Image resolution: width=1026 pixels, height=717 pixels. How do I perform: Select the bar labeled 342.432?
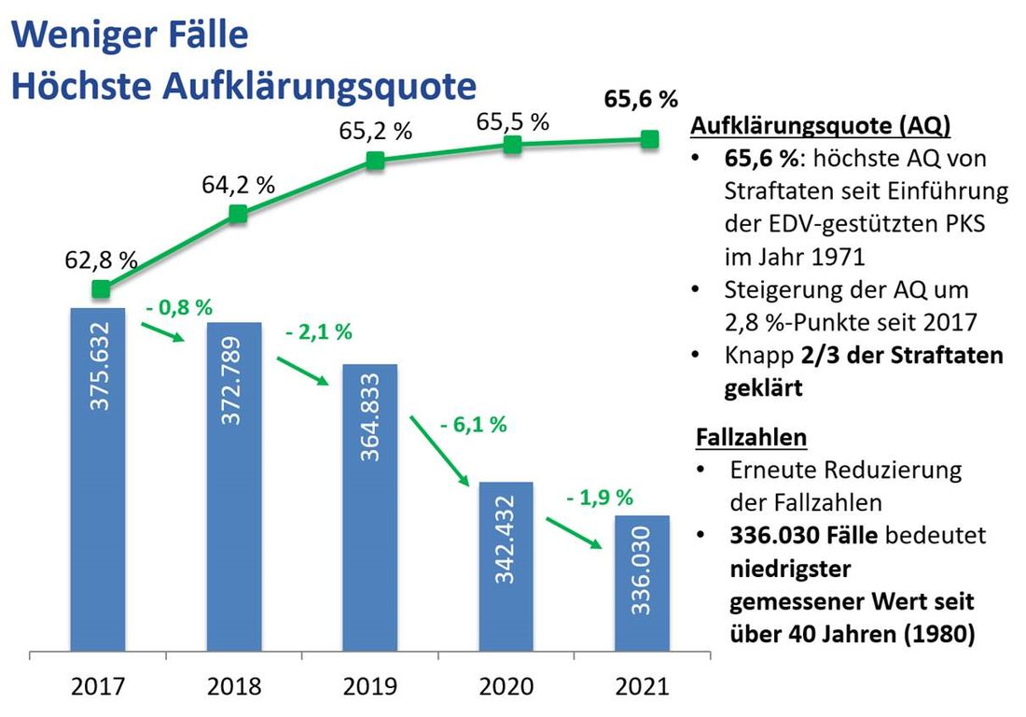[506, 566]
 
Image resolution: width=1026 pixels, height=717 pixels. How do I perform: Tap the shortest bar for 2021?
[642, 583]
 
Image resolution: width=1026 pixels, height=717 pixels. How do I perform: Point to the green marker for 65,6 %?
[650, 139]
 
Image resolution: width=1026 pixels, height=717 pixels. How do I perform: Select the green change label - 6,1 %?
[472, 425]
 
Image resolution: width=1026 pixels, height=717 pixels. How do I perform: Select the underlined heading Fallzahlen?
[751, 436]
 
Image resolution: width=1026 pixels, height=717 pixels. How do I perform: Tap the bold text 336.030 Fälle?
[801, 536]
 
